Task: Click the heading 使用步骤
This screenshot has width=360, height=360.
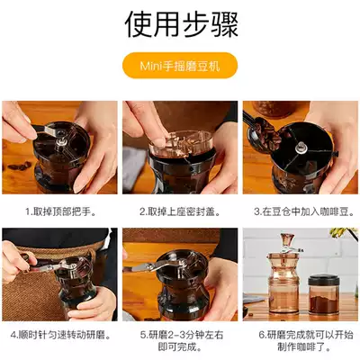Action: click(x=182, y=24)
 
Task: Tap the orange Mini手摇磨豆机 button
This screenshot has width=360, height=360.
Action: click(x=180, y=66)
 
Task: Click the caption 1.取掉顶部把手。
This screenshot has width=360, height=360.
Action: click(x=61, y=211)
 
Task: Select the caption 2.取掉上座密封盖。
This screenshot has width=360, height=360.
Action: click(x=180, y=211)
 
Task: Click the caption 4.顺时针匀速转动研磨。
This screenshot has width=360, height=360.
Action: click(x=60, y=335)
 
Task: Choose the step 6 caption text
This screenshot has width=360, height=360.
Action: click(x=306, y=341)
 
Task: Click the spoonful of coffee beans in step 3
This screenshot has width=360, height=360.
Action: click(x=264, y=132)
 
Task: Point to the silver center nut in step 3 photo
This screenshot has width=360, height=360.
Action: click(x=301, y=148)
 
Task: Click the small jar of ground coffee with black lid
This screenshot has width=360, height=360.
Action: click(x=324, y=294)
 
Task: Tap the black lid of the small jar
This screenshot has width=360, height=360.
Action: click(x=324, y=280)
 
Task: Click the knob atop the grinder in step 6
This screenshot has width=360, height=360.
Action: click(x=286, y=239)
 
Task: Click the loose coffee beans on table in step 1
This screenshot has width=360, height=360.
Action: click(x=20, y=166)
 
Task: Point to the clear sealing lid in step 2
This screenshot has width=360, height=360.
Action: click(x=181, y=144)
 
